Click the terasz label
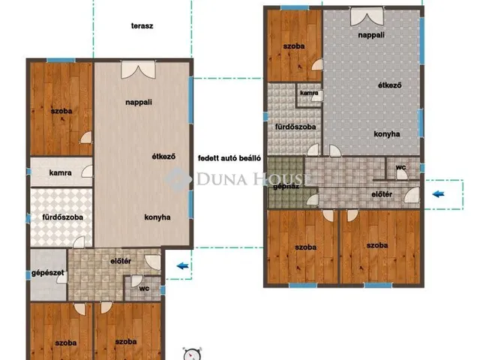(x=142, y=26)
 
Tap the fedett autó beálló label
(x=229, y=158)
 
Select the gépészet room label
(x=48, y=273)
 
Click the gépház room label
(x=286, y=187)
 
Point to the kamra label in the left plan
(x=60, y=172)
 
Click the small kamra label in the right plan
(x=309, y=93)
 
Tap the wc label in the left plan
(x=144, y=288)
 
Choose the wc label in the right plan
(x=400, y=167)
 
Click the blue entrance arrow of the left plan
(x=182, y=265)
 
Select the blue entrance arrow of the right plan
(x=438, y=193)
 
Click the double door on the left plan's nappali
(x=138, y=70)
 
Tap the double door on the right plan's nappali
(x=367, y=16)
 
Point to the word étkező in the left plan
(x=163, y=157)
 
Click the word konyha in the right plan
(x=387, y=134)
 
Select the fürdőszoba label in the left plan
(x=62, y=217)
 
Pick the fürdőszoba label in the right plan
(x=295, y=127)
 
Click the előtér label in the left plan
(x=121, y=261)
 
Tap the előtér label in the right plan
(x=382, y=194)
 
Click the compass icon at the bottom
(x=192, y=354)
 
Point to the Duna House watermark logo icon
(x=178, y=179)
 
